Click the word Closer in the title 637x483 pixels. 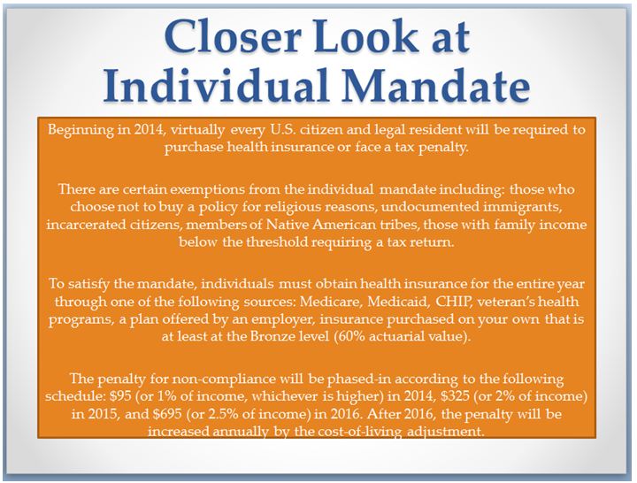point(233,38)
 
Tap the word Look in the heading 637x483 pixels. point(365,38)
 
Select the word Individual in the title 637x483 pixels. point(215,85)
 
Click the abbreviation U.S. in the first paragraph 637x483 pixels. point(284,130)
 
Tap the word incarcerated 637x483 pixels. point(86,225)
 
